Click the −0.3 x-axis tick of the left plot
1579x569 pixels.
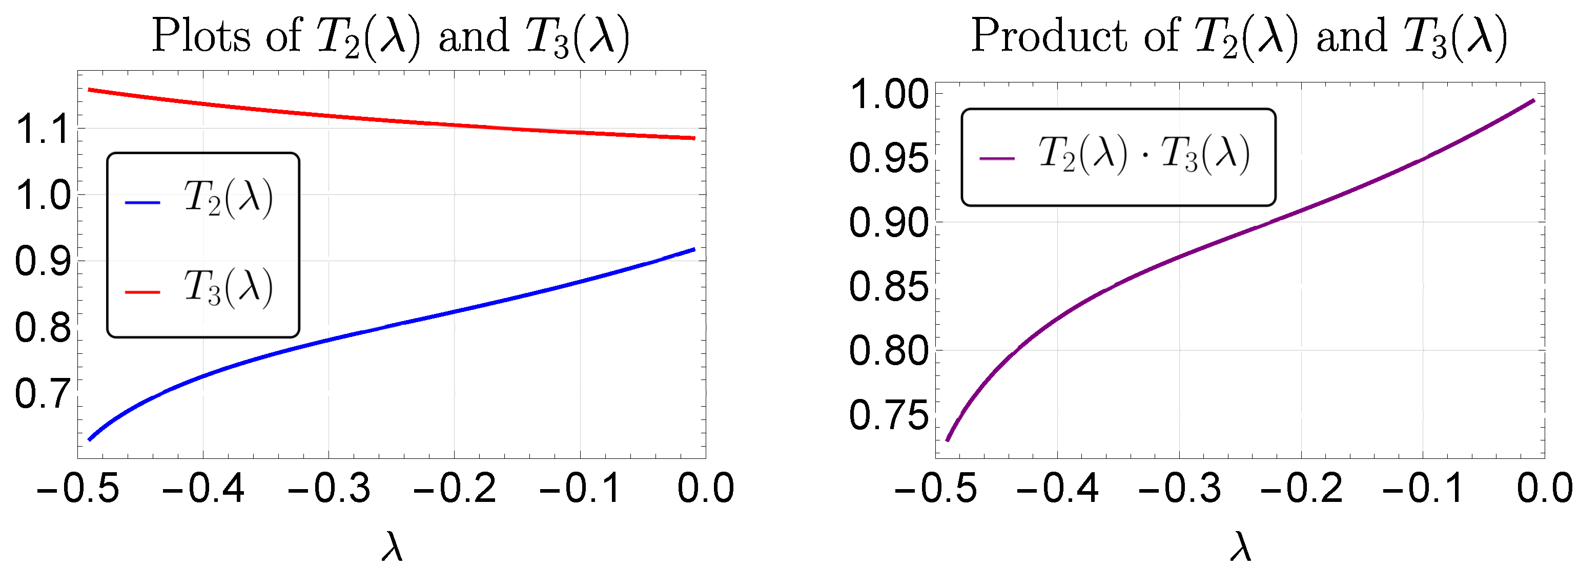pyautogui.click(x=329, y=489)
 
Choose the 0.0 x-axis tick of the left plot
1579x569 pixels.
pyautogui.click(x=706, y=489)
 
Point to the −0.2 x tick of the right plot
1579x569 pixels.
pyautogui.click(x=1301, y=489)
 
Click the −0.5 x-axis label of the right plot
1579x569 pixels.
pyautogui.click(x=935, y=489)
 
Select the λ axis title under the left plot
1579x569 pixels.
pyautogui.click(x=392, y=547)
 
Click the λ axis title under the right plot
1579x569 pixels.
pyautogui.click(x=1240, y=547)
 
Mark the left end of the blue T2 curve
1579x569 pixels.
pyautogui.click(x=90, y=439)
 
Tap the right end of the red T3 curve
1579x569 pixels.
pyautogui.click(x=694, y=138)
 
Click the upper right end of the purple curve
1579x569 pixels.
pyautogui.click(x=1533, y=100)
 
